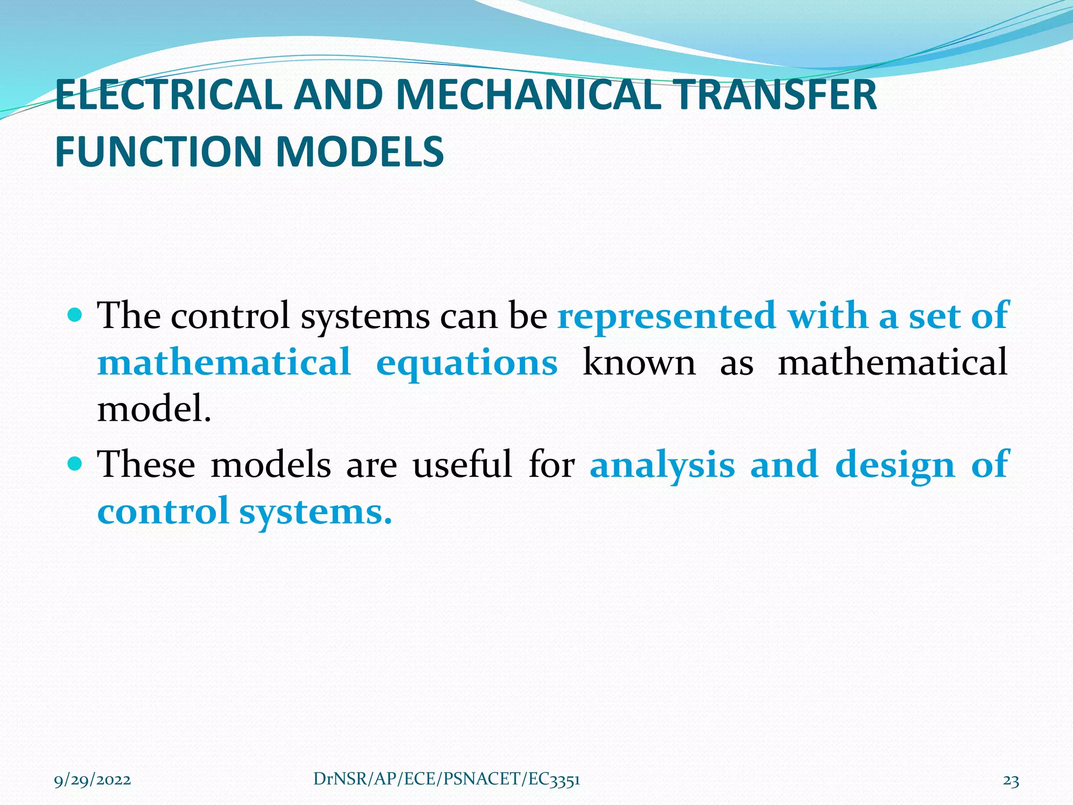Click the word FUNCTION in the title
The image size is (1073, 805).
[x=159, y=152]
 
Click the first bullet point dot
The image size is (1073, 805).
[x=75, y=315]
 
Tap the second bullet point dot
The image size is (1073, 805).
[x=75, y=463]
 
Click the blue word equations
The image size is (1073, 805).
[x=466, y=363]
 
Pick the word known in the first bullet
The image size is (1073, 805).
[x=639, y=362]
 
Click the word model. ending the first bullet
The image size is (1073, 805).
[x=154, y=408]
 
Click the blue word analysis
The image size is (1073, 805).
[x=662, y=465]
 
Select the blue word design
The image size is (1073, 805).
[x=895, y=465]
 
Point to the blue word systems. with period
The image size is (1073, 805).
[x=315, y=512]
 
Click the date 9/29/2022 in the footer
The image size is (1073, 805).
[x=93, y=780]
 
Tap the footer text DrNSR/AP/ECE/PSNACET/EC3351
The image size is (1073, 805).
[x=446, y=779]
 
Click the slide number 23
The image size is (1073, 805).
[x=1011, y=781]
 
